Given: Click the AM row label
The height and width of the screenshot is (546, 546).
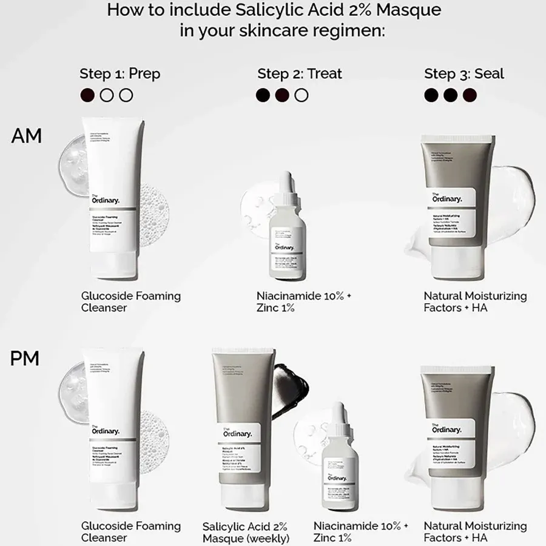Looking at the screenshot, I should tap(27, 136).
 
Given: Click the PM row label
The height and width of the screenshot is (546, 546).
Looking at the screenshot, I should tap(25, 359).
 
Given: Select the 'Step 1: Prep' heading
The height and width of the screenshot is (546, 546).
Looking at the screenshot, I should tap(120, 74).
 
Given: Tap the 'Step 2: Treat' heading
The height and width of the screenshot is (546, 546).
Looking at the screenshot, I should tap(300, 74).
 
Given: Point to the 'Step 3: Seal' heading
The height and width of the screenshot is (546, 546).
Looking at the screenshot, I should tap(464, 74).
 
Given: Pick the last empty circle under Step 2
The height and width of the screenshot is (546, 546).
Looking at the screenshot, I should tap(301, 95).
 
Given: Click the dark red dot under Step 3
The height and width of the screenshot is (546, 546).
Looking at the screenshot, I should tap(470, 95).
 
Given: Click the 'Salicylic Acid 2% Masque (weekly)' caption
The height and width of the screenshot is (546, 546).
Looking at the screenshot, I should tap(245, 532).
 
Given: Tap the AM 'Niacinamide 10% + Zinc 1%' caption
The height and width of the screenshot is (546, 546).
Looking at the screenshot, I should tap(304, 302).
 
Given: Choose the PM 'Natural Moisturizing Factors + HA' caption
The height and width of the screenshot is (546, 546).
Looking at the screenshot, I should tap(475, 531).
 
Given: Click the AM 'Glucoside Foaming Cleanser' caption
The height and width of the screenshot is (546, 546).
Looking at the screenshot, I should tap(131, 302).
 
